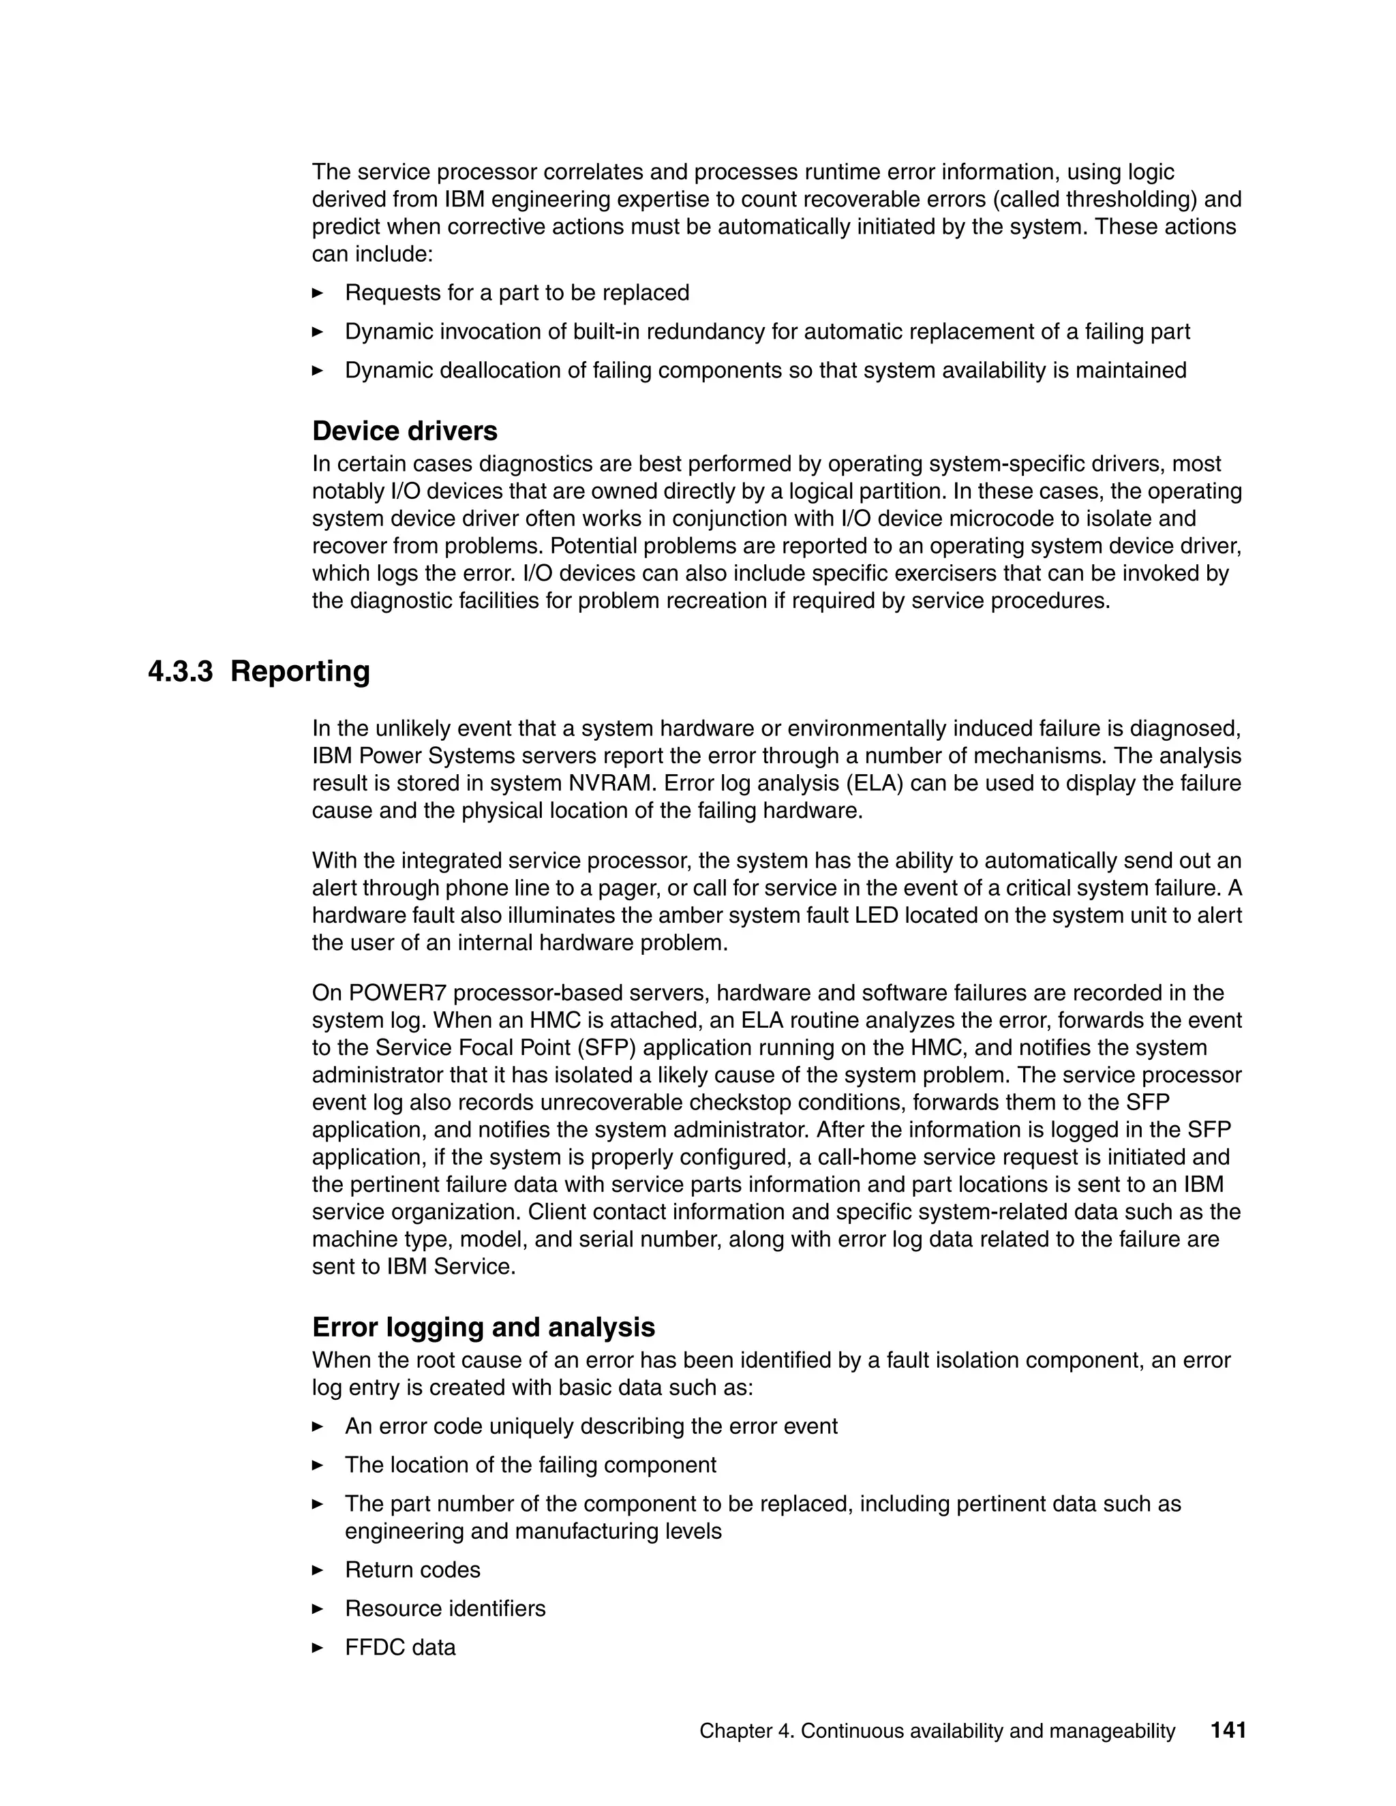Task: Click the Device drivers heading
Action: [404, 431]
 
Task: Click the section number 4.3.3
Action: [180, 671]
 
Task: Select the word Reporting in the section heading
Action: [299, 671]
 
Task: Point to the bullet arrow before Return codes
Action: [318, 1570]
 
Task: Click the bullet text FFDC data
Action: [400, 1647]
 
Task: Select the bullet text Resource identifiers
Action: [445, 1608]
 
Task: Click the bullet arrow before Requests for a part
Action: [318, 293]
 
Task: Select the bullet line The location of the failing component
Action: [530, 1465]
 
